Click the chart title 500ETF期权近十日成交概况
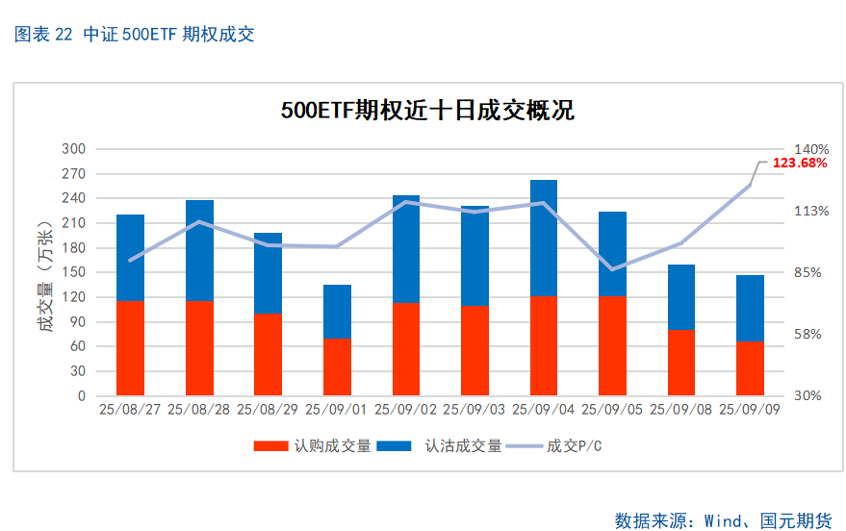[427, 111]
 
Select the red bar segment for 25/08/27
[130, 348]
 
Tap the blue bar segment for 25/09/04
[544, 238]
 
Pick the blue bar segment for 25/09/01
[337, 311]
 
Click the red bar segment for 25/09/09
[750, 368]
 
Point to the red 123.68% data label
[800, 164]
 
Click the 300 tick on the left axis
[73, 149]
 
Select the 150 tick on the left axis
[73, 272]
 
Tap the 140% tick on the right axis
[811, 149]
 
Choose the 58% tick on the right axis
[808, 334]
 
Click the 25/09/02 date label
[405, 410]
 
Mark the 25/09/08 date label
[681, 410]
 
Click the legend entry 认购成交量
[313, 446]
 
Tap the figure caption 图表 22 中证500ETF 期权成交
[135, 36]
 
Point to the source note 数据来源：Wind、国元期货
[723, 520]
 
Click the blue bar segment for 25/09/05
[612, 253]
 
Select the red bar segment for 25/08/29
[268, 354]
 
